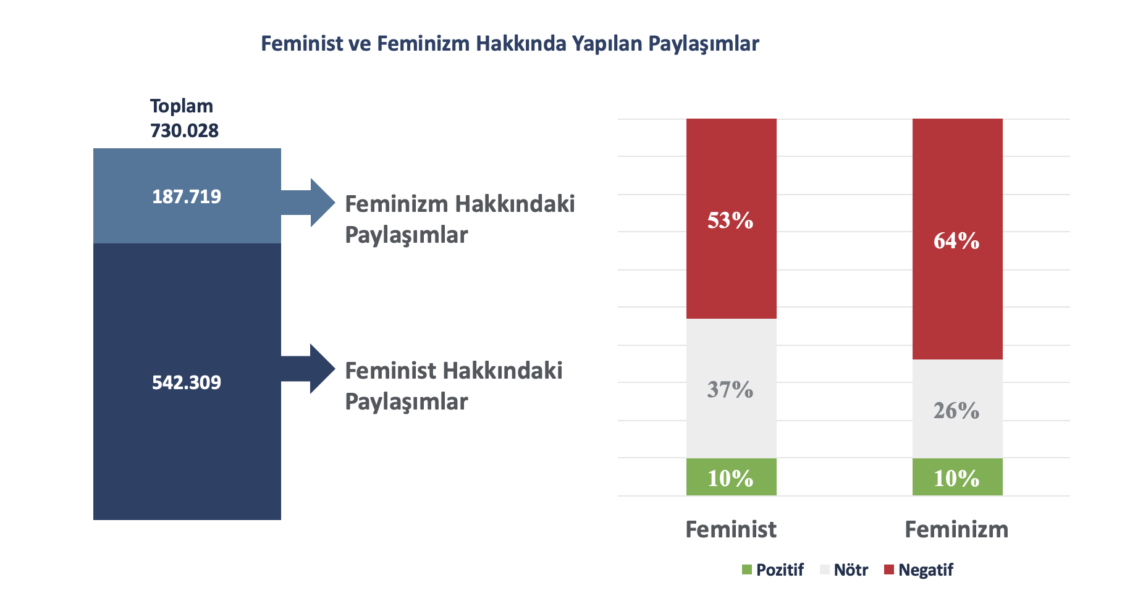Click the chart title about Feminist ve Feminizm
coord(510,44)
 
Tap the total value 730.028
coord(184,131)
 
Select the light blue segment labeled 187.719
coord(187,196)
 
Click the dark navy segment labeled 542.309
coord(187,382)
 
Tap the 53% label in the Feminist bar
coord(730,220)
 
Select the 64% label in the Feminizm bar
coord(956,240)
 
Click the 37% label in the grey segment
coord(730,390)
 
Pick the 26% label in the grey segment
coord(956,411)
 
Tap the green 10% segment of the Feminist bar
coord(732,477)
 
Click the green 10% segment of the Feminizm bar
coord(958,477)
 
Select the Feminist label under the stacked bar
coord(731,529)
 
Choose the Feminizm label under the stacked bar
coord(956,529)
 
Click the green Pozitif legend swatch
coord(747,569)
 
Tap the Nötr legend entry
coord(844,569)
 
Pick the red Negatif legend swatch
coord(889,569)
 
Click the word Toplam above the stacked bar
coord(182,106)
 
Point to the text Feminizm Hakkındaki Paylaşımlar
coord(460,219)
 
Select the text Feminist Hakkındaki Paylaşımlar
coord(453,386)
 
